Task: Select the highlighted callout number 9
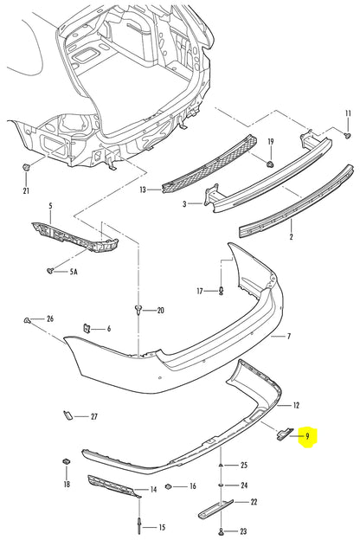point(307,437)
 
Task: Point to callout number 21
point(26,190)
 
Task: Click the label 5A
point(72,271)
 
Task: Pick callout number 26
point(50,319)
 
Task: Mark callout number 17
point(199,291)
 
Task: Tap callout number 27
point(94,416)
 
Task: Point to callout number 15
point(161,527)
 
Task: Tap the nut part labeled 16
point(170,485)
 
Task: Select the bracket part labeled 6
point(87,327)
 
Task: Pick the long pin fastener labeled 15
point(138,522)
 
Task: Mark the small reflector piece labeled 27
point(65,417)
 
